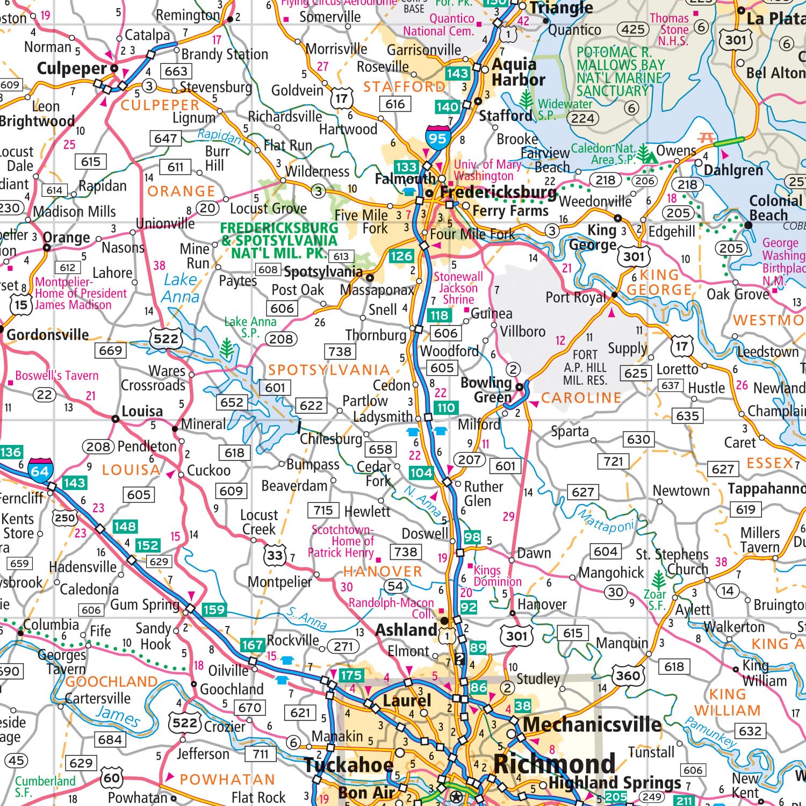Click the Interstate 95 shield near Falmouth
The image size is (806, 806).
(437, 138)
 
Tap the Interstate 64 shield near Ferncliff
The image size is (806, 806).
(40, 470)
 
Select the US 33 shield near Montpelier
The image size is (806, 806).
(275, 555)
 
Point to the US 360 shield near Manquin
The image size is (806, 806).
(628, 675)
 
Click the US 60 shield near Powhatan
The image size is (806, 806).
(112, 778)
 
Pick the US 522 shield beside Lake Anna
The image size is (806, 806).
(165, 339)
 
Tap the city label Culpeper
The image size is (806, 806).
(72, 69)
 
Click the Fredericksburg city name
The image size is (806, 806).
(498, 192)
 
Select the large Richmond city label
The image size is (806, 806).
(554, 764)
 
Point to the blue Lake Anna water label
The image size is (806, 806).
(181, 288)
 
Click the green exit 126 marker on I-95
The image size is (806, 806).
(401, 256)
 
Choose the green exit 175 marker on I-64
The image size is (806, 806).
(351, 675)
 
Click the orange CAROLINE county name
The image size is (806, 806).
(581, 398)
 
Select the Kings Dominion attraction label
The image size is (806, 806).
(497, 576)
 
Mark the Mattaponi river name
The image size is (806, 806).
(606, 520)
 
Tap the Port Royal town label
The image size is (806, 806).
(575, 297)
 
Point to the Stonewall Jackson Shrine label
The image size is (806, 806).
(458, 288)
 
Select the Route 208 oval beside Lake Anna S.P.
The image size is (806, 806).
(281, 339)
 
